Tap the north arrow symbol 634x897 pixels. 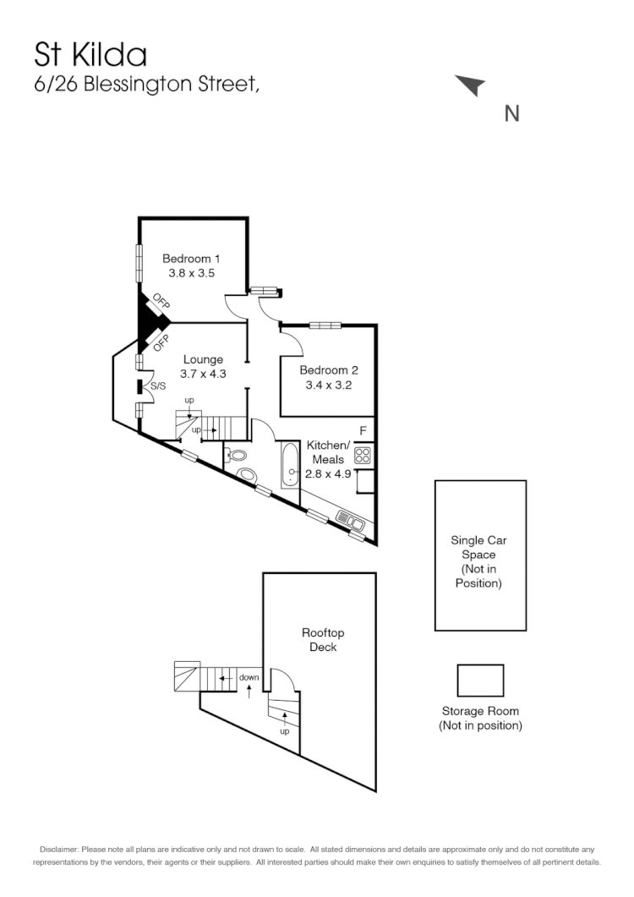[471, 85]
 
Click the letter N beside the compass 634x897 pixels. [511, 112]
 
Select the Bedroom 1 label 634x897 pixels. [192, 258]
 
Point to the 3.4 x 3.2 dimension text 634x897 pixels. [328, 385]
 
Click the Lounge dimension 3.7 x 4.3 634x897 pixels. [204, 373]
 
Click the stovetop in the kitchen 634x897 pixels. [364, 455]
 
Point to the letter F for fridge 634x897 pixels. [363, 430]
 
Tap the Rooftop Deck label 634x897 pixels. [323, 640]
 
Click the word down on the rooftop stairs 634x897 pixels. [249, 677]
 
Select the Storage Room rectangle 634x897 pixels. [480, 681]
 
